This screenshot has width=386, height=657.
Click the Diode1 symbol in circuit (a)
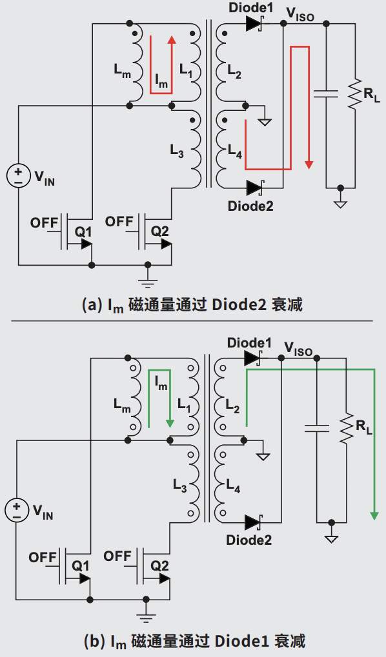tap(254, 24)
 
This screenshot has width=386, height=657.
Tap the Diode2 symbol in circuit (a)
tap(254, 187)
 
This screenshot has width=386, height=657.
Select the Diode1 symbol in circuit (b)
tap(252, 358)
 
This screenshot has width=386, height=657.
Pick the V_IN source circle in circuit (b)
tap(17, 511)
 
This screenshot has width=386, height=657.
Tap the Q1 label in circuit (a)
tap(83, 231)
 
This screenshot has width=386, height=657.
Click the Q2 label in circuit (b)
tap(159, 566)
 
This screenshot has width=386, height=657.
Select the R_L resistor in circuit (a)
tap(354, 94)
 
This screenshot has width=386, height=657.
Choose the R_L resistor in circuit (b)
tap(347, 428)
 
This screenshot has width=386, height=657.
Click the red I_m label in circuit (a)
tap(161, 80)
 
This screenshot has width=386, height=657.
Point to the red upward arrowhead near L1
tap(171, 39)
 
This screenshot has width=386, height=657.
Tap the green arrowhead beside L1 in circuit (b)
tap(170, 423)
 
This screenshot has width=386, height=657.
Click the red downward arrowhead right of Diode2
tap(309, 164)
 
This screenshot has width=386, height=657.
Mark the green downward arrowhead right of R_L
tap(374, 515)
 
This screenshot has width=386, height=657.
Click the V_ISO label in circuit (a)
tap(300, 14)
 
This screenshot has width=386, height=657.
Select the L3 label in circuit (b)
tap(180, 485)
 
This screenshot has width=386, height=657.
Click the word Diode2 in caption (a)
tap(239, 304)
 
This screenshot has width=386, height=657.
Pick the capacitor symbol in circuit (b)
tap(317, 428)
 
